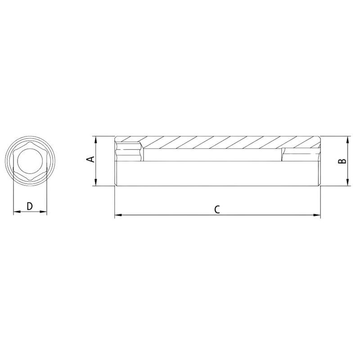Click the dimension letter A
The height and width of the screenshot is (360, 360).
[x=90, y=159]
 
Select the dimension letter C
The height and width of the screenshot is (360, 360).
[x=217, y=209]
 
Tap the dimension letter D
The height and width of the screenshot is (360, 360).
[x=30, y=206]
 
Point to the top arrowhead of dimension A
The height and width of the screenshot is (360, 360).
[x=96, y=139]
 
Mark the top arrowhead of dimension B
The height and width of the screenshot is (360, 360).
[x=348, y=139]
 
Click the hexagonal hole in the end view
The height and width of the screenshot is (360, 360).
[x=30, y=161]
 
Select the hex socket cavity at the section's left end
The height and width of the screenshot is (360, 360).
[x=129, y=152]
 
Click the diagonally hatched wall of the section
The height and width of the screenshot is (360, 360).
[x=216, y=142]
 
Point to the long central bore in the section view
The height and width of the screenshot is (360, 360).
[x=211, y=155]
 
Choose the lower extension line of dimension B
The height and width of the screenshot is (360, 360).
[x=335, y=185]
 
